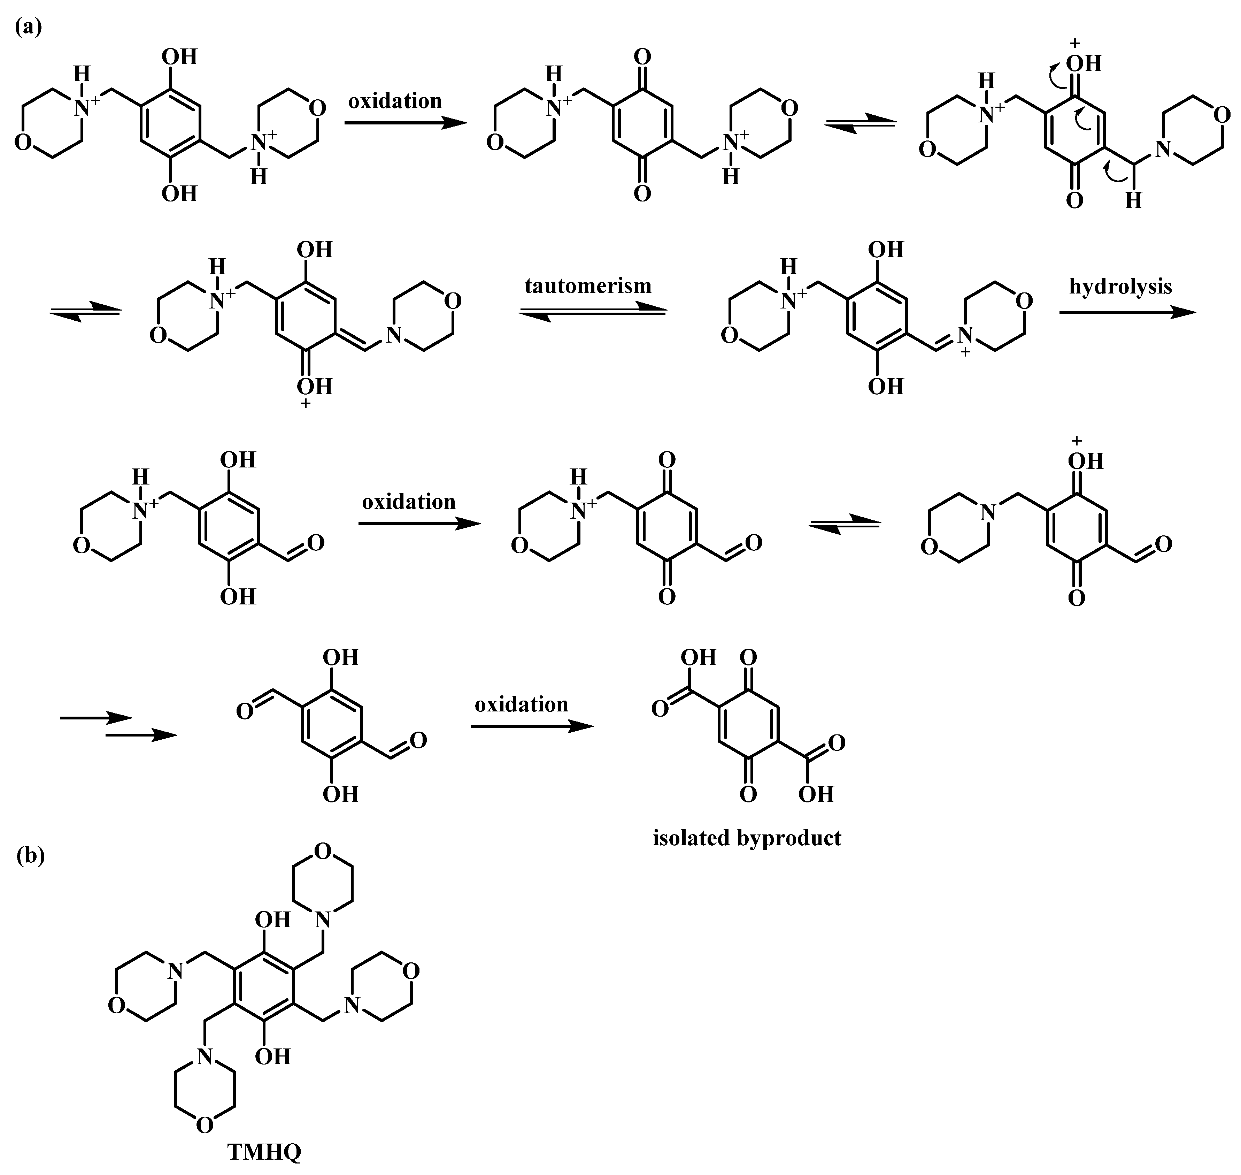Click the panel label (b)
pyautogui.click(x=30, y=856)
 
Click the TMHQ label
pyautogui.click(x=264, y=1151)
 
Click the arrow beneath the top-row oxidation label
pyautogui.click(x=406, y=123)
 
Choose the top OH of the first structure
pyautogui.click(x=180, y=57)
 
